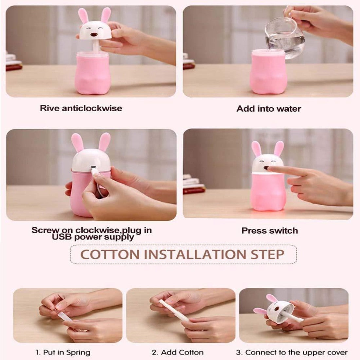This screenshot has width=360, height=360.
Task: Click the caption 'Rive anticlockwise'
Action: [81, 108]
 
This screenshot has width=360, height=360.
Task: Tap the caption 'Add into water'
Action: [268, 109]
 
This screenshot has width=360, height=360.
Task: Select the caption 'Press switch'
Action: [270, 230]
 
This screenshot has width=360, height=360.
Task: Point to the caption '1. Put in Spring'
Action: [63, 352]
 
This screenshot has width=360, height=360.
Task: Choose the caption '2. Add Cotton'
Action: [177, 352]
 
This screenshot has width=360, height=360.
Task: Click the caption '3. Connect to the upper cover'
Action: [292, 352]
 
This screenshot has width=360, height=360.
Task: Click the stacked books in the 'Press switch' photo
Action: [193, 185]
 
